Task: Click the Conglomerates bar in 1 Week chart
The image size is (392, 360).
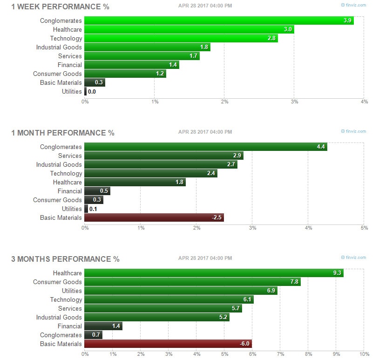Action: (x=219, y=20)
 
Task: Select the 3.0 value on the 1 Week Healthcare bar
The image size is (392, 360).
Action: (x=288, y=29)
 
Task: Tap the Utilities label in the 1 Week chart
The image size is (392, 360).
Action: (x=72, y=92)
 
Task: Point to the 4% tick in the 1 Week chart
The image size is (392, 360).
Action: (x=364, y=102)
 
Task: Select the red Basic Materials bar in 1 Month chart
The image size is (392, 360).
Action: (x=154, y=217)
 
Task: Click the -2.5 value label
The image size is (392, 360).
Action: (x=216, y=218)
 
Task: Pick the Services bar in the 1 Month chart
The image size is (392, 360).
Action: (x=164, y=156)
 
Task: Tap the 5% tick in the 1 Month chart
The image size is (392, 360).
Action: (x=364, y=228)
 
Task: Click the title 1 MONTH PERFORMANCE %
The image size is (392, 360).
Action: (x=62, y=133)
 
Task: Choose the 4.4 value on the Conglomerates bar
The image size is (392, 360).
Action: (x=320, y=147)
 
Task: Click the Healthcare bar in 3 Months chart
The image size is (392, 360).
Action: (x=214, y=273)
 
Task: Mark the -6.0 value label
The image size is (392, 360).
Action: (x=244, y=344)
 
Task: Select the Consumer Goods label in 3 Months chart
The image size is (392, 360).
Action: (x=57, y=282)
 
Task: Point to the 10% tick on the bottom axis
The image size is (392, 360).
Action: (x=364, y=354)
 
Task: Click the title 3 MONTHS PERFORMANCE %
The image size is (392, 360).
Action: (x=65, y=259)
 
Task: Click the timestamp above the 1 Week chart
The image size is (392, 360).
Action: (x=205, y=6)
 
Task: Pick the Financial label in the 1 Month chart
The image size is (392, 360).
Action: (x=69, y=191)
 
